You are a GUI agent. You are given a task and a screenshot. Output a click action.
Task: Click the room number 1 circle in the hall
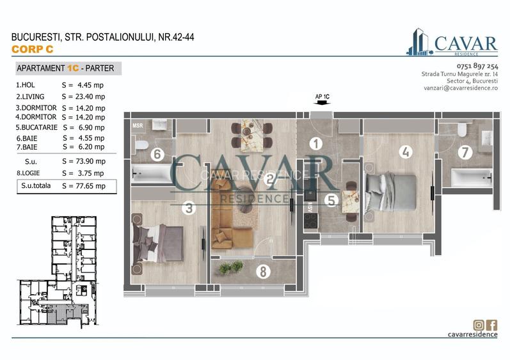tap(315, 144)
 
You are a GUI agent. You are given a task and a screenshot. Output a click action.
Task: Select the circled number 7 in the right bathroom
tap(465, 152)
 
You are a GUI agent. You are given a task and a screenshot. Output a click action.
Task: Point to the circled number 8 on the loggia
tap(262, 271)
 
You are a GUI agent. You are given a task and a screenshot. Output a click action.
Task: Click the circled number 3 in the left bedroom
tap(188, 208)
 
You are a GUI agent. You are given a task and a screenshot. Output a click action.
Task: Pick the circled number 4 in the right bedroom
tap(404, 152)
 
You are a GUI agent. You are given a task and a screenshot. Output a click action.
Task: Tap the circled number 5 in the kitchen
tap(330, 200)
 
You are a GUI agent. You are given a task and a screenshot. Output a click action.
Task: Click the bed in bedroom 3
tap(157, 242)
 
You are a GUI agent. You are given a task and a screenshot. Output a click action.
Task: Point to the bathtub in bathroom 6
tap(152, 173)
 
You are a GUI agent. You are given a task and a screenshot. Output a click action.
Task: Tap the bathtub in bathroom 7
tap(471, 177)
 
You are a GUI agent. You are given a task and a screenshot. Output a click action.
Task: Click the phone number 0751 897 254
tap(477, 67)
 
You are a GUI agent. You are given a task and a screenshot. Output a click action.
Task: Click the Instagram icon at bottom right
tap(478, 324)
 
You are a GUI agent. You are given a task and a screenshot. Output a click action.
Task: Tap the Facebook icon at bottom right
tap(491, 324)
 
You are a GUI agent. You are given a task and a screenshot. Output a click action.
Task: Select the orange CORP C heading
tap(33, 49)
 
